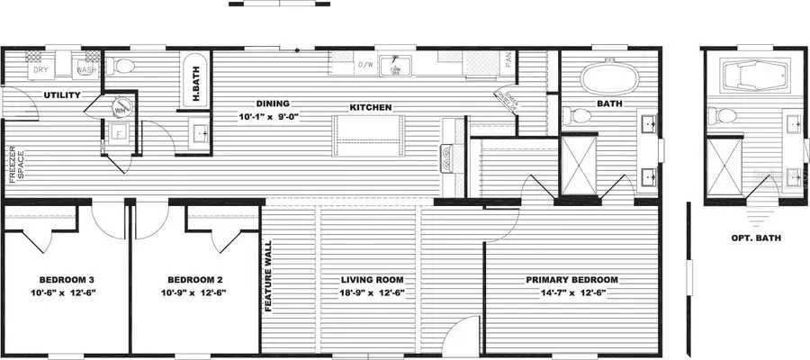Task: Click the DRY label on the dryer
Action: pos(40,69)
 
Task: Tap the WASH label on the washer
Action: pos(86,69)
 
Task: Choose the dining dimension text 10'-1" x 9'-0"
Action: pos(268,117)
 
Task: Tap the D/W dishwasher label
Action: pos(366,66)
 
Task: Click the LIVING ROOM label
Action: pos(371,279)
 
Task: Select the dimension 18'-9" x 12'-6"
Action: pos(371,292)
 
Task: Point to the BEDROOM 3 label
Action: pos(67,279)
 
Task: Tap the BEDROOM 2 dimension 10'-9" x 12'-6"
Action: pos(193,292)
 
